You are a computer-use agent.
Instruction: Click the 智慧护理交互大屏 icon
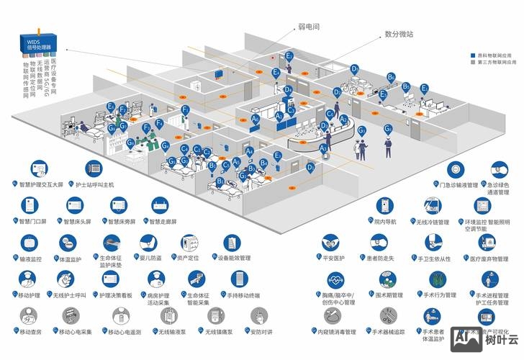pos(35,170)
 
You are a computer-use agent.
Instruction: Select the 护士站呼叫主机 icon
pos(94,169)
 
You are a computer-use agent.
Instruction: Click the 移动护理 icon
pos(29,279)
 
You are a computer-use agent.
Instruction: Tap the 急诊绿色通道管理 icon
pos(500,170)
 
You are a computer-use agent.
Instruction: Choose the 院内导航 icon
pos(385,207)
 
